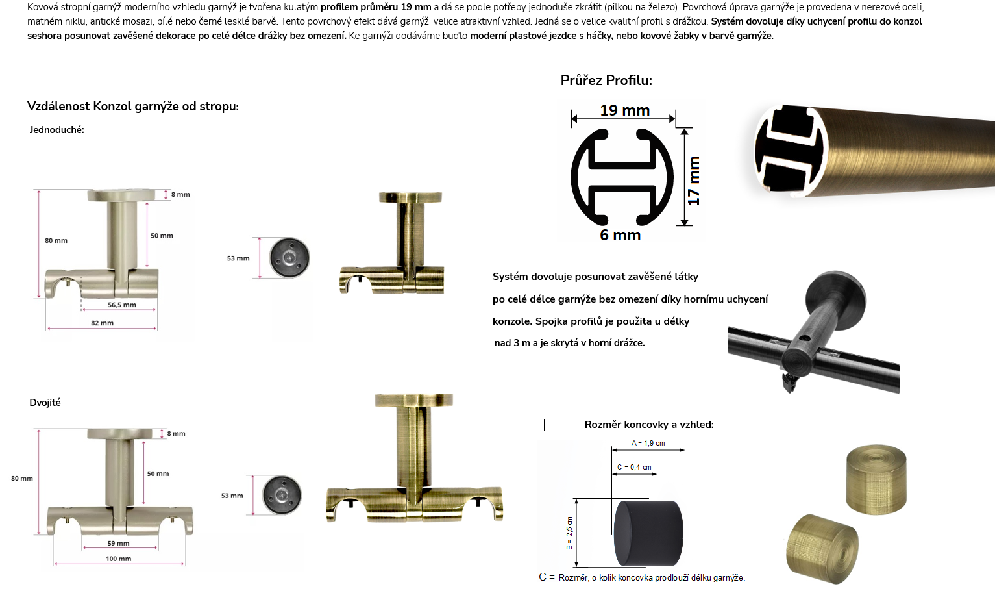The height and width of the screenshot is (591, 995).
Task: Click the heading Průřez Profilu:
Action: click(x=606, y=81)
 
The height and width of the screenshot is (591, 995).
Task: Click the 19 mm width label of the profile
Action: click(x=624, y=110)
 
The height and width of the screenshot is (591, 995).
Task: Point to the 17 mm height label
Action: click(x=693, y=181)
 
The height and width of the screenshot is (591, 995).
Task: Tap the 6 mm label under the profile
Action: click(x=620, y=234)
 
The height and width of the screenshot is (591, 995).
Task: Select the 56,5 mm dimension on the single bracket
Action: click(x=122, y=305)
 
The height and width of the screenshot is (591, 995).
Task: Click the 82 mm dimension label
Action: click(x=102, y=323)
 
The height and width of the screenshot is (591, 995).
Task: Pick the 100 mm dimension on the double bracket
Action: click(x=119, y=559)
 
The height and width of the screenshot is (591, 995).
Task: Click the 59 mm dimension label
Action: click(x=119, y=543)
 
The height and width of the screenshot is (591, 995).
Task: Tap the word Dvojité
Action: click(x=45, y=403)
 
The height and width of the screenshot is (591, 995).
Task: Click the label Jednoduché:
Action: click(x=57, y=130)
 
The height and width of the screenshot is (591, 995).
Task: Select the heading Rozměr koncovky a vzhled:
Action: click(x=649, y=424)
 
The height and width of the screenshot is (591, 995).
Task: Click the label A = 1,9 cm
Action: click(x=648, y=443)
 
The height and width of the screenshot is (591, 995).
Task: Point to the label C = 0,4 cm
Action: click(x=634, y=467)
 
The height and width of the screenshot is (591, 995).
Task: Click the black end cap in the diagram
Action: click(x=648, y=533)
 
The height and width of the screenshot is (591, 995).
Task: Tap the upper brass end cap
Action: click(x=876, y=479)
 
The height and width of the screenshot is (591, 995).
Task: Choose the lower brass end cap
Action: click(x=822, y=548)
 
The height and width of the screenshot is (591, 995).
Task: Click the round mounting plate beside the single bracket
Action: click(x=289, y=258)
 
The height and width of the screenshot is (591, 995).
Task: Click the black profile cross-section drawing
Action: click(x=622, y=177)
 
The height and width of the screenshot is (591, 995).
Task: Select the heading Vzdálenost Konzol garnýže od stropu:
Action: click(x=133, y=107)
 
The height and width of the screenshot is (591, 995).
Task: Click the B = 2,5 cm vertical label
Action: click(x=569, y=533)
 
